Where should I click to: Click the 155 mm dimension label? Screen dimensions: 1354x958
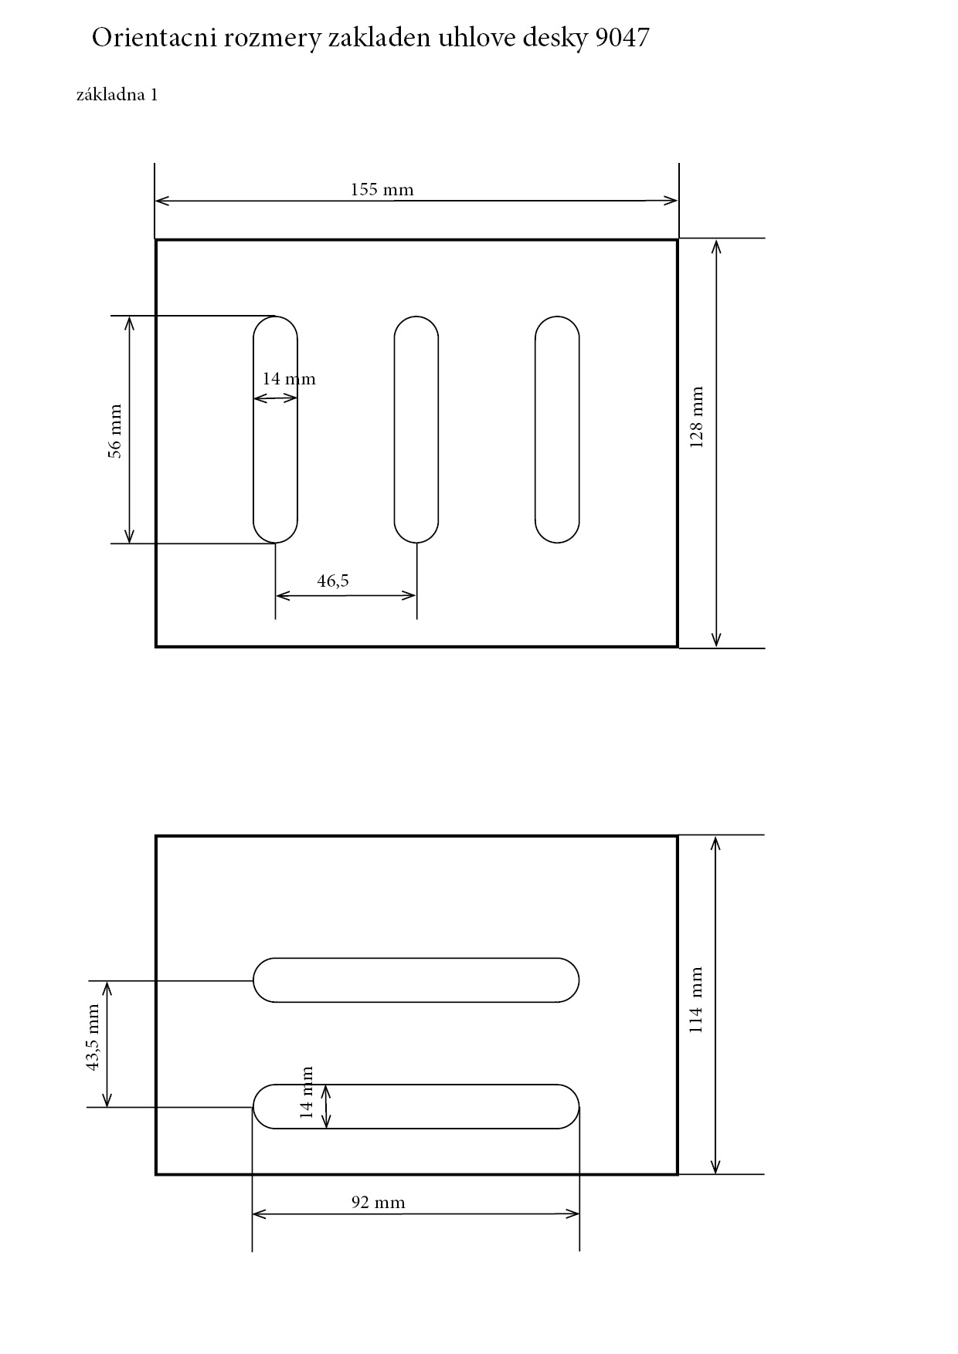tap(382, 190)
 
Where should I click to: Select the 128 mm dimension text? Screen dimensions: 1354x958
tap(696, 418)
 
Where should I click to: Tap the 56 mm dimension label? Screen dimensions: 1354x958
tap(115, 431)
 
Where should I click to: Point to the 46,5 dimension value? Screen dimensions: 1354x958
tap(333, 581)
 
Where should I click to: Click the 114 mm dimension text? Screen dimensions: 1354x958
tap(696, 1000)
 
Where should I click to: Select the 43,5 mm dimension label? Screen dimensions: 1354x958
tap(93, 1037)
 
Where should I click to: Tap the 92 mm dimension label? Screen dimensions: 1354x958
tap(378, 1202)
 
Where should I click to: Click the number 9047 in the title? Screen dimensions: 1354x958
tap(622, 38)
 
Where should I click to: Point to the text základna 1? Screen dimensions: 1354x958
tap(117, 95)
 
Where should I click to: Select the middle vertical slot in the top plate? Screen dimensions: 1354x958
tap(416, 429)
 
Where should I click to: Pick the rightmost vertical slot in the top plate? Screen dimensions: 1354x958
tap(557, 429)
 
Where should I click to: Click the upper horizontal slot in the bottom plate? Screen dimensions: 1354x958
tap(416, 980)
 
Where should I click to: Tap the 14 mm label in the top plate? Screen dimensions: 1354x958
tap(288, 379)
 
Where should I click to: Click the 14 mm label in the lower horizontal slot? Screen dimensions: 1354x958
tap(307, 1092)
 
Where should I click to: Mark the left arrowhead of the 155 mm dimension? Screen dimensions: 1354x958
tap(161, 201)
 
